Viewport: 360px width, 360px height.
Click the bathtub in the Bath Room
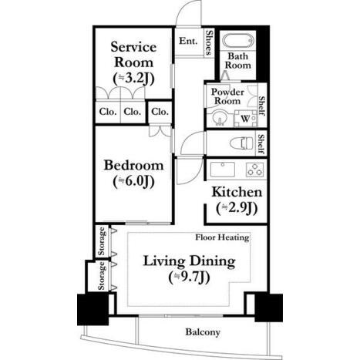(x=238, y=41)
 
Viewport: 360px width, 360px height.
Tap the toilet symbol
(x=241, y=143)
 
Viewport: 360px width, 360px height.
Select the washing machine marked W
(x=245, y=119)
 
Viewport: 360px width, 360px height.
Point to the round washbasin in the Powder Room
(x=219, y=119)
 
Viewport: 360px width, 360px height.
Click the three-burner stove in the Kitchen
(x=254, y=170)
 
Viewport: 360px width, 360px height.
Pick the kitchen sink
(x=223, y=170)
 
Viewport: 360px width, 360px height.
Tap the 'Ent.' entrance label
(x=188, y=41)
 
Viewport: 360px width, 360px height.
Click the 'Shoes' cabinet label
(x=210, y=42)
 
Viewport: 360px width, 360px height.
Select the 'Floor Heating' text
(x=222, y=237)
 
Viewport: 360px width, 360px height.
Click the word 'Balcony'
(x=203, y=332)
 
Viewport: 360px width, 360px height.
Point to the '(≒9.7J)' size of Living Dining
(x=190, y=278)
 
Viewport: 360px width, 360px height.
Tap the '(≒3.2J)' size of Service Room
(x=134, y=79)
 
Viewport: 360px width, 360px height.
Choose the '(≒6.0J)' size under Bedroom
(x=134, y=182)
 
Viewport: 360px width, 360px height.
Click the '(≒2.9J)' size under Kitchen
(x=237, y=208)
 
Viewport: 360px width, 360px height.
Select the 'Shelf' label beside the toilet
(x=261, y=144)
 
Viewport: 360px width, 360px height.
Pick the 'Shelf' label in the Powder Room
(x=261, y=106)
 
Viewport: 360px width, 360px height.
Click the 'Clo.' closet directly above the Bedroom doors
(x=160, y=112)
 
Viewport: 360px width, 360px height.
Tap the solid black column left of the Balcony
(x=93, y=310)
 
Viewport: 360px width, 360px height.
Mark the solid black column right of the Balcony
(x=268, y=308)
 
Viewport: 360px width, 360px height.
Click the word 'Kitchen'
(x=237, y=192)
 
